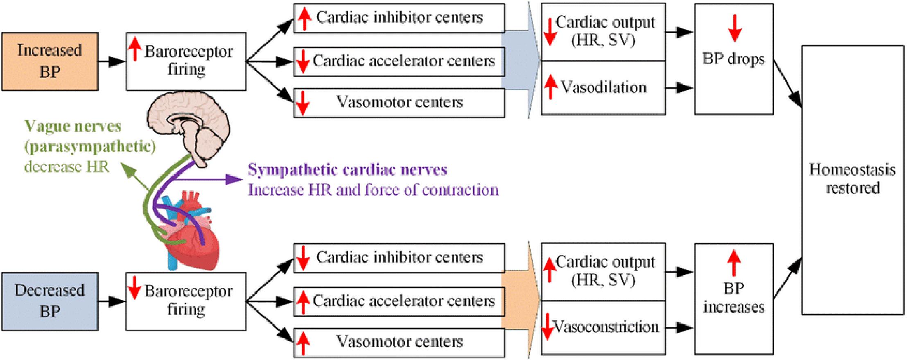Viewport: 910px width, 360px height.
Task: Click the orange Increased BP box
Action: click(50, 61)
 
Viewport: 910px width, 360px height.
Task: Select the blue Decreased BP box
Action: click(50, 301)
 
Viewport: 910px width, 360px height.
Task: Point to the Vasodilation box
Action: click(603, 88)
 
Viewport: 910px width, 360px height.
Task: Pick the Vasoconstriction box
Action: click(603, 328)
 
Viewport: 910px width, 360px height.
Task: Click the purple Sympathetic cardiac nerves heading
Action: click(347, 170)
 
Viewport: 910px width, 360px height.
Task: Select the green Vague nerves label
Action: click(73, 126)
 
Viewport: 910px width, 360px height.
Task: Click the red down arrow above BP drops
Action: click(734, 28)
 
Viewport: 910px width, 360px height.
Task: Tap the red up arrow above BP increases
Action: click(734, 263)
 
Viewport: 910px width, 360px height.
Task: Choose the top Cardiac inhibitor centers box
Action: click(399, 18)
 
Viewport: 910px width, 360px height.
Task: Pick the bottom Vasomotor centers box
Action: click(399, 342)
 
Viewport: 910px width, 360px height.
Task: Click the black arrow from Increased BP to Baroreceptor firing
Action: click(112, 61)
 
